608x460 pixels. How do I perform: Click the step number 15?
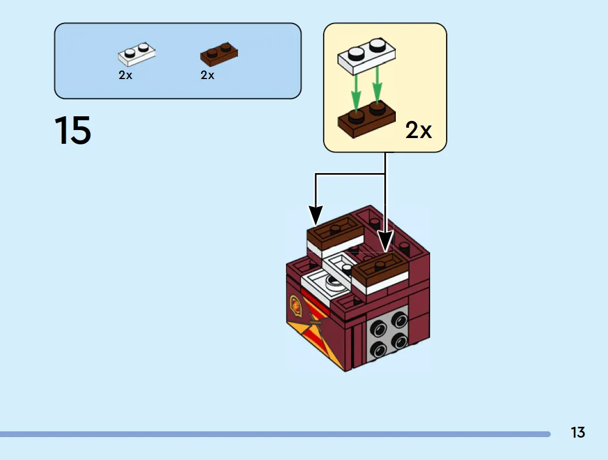pos(73,130)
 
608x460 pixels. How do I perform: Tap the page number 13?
pos(578,433)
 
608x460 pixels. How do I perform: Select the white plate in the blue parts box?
pos(137,54)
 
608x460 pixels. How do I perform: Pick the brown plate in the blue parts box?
pos(219,54)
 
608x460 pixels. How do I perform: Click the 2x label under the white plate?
pos(125,75)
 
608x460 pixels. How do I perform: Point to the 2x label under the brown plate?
pos(208,75)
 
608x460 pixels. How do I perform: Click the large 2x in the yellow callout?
pos(418,130)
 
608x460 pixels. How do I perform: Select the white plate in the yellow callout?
pos(367,56)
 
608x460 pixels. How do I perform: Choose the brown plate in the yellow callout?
pos(367,119)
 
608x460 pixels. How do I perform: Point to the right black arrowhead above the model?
pos(385,241)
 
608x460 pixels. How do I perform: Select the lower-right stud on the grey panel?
pos(399,342)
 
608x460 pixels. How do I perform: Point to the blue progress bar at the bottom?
pos(275,434)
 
